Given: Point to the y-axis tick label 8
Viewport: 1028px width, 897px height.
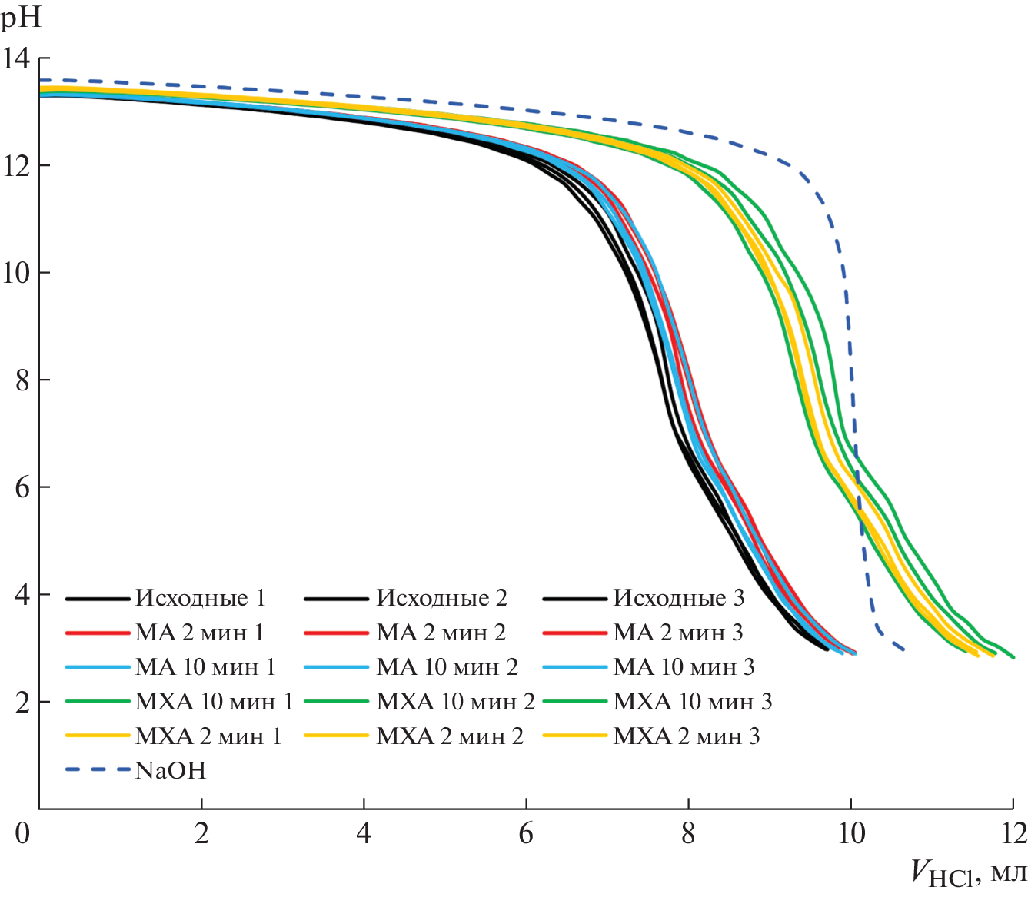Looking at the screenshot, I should tap(22, 380).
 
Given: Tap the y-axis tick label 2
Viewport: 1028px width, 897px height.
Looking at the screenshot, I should tap(22, 703).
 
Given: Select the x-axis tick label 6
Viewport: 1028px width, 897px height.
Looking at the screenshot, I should tap(526, 833).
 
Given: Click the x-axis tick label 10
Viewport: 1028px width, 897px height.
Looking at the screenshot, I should tap(850, 833).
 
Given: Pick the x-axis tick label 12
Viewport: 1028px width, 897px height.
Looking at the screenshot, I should tap(1013, 833).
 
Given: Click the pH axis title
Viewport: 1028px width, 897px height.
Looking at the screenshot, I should tap(21, 17).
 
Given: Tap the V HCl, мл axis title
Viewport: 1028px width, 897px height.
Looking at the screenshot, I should tap(968, 873).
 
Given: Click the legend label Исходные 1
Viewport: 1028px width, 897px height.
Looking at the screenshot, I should tap(200, 598).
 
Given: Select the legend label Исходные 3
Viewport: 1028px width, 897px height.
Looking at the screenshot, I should tap(678, 598).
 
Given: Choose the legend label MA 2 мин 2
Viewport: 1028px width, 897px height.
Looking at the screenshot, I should tap(441, 633).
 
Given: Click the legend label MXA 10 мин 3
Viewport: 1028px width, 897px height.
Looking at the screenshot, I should tap(692, 702).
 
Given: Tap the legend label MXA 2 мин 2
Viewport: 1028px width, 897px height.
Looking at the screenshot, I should tap(449, 736).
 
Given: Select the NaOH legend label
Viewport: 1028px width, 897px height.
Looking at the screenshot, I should tap(170, 771).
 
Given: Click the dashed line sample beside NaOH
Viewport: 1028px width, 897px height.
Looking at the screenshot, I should tap(97, 769).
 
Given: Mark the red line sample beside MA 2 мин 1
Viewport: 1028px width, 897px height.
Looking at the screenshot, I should tap(97, 633).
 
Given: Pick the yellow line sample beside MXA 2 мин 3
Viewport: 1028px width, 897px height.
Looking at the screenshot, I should tap(574, 736).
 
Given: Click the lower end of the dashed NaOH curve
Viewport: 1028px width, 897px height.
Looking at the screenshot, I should tap(903, 649).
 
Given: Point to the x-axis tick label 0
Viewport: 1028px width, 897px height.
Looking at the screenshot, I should tap(22, 833).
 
